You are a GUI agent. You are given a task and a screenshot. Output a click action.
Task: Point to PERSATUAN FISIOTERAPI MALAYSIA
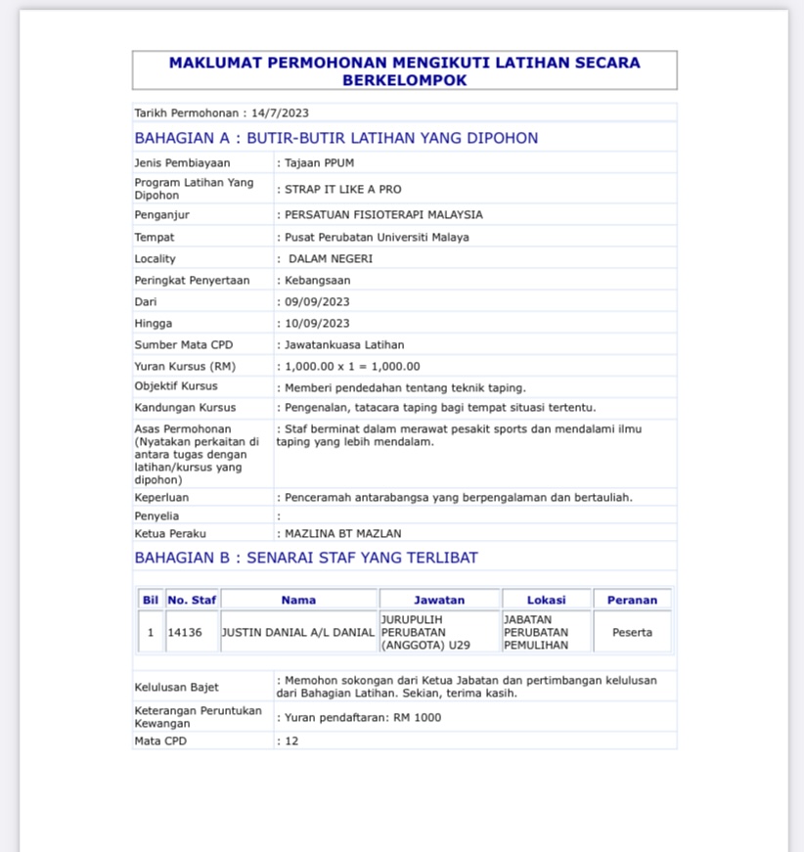point(383,215)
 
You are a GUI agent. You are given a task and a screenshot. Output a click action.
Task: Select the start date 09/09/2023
point(316,302)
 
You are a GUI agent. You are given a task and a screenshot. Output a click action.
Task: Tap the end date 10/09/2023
point(316,324)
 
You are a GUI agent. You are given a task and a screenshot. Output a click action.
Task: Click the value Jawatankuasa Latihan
point(344,345)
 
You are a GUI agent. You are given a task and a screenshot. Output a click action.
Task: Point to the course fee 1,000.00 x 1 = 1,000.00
point(352,367)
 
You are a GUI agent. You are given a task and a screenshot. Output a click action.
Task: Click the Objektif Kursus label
point(176,386)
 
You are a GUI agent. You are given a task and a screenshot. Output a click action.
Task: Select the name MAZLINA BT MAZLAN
point(342,534)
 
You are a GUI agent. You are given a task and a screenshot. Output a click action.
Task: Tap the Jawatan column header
point(439,600)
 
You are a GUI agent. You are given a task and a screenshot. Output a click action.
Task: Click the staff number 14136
point(185,633)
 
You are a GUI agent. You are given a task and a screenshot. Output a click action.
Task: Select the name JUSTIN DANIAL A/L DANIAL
point(298,633)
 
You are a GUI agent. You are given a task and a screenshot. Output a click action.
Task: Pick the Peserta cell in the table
point(632,633)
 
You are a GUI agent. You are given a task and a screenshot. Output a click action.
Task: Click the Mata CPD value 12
point(291,741)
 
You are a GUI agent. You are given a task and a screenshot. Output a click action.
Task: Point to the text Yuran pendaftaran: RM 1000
point(362,718)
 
